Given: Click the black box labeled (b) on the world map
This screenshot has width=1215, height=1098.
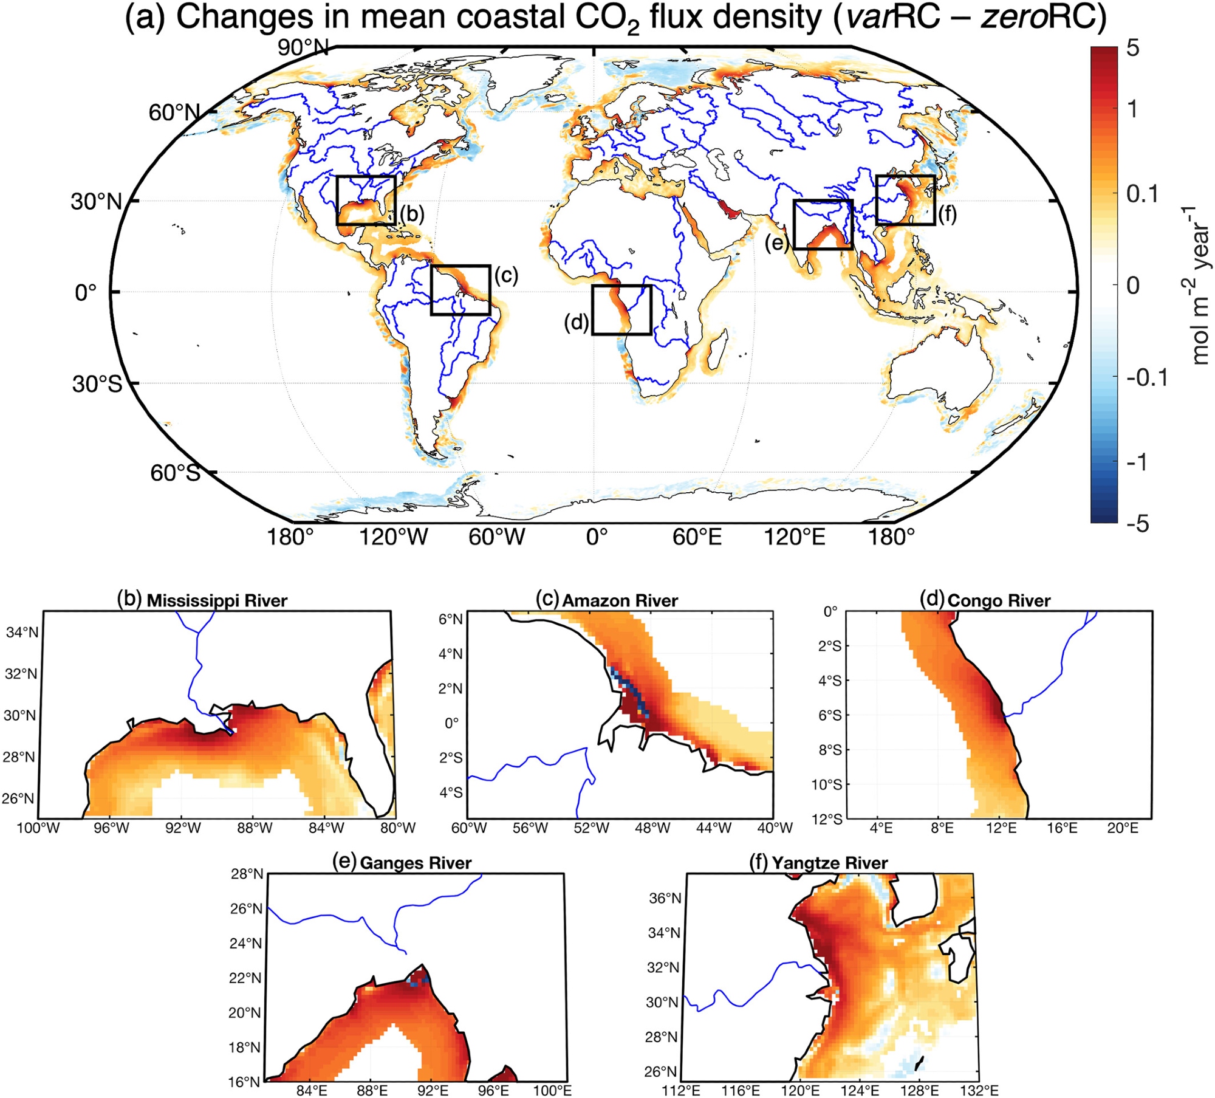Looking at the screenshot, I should coord(366,200).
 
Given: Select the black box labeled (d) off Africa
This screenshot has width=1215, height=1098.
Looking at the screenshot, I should coord(621,310).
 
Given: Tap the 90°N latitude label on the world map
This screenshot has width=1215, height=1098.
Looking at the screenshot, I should coord(303,47).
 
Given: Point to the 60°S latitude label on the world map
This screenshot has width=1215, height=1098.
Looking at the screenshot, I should coord(175,473).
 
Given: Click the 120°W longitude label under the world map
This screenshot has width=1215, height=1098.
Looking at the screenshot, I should coord(394,537).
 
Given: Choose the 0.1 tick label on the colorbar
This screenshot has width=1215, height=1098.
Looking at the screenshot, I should coord(1142,194).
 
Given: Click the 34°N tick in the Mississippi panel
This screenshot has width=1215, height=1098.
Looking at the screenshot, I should coord(22,633).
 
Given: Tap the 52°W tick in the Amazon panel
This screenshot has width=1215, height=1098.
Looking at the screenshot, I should coord(591,828).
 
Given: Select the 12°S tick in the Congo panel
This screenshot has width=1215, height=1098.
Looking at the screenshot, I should coord(827,819).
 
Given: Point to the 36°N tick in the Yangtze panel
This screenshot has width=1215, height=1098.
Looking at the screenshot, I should coord(665,898).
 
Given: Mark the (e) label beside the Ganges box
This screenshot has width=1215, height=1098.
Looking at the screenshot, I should coord(777,243).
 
